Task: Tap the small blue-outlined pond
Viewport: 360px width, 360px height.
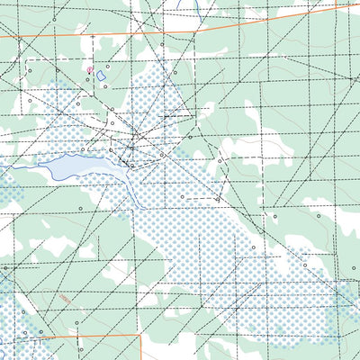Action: coord(101,76)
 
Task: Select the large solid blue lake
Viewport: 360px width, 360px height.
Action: coord(70,165)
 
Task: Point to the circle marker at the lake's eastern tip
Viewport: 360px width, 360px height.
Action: coord(131,166)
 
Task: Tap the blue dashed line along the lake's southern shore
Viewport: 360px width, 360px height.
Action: coord(81,176)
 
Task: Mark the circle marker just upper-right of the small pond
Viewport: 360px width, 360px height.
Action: coord(107,66)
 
